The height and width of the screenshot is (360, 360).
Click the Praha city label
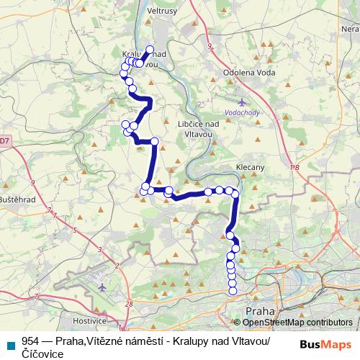click(x=259, y=310)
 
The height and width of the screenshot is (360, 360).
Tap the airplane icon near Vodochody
click(x=241, y=103)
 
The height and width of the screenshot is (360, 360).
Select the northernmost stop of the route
click(x=150, y=50)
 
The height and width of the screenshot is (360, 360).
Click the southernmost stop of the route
click(x=232, y=291)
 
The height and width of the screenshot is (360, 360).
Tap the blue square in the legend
click(x=10, y=342)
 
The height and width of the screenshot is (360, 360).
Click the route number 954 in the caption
click(x=30, y=341)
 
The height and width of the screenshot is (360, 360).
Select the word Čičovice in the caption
click(x=43, y=354)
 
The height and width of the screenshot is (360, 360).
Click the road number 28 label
click(x=129, y=305)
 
